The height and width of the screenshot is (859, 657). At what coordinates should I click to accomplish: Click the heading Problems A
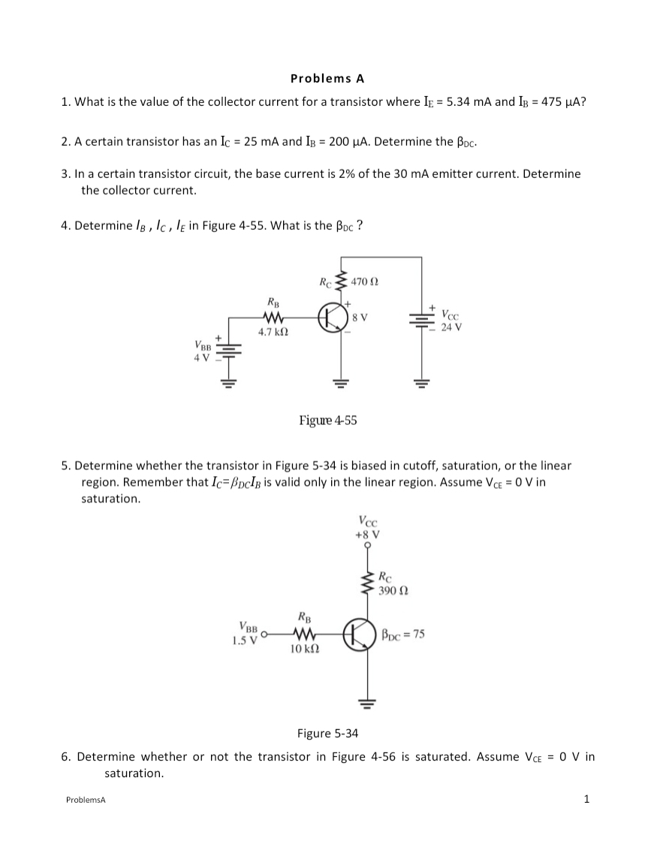pos(327,77)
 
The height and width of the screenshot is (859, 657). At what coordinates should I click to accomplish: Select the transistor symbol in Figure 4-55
pos(332,316)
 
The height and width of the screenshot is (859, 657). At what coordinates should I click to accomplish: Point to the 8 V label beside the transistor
pos(360,317)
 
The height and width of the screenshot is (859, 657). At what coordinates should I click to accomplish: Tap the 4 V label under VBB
pos(201,356)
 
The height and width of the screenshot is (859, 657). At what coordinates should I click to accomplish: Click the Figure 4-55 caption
pos(328,420)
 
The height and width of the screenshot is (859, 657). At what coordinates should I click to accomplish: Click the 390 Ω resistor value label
pos(391,590)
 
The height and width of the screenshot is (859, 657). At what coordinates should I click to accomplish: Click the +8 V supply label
pos(367,535)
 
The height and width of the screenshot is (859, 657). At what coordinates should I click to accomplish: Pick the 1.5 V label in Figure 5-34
pos(246,639)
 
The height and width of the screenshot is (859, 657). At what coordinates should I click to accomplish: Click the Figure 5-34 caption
pos(328,733)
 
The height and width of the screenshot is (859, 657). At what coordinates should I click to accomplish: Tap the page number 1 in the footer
pos(586,798)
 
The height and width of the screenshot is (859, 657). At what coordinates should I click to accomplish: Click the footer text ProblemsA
pos(86,800)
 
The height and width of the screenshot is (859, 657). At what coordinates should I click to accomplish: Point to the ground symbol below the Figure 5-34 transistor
pos(367,704)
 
